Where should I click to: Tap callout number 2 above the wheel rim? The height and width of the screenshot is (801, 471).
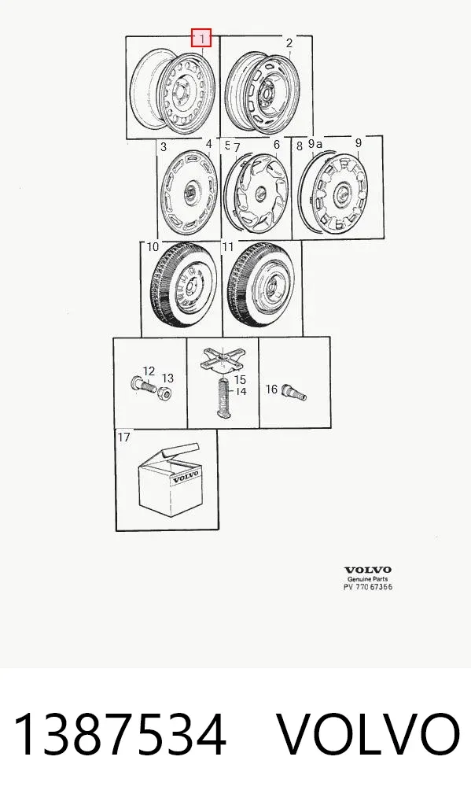point(289,43)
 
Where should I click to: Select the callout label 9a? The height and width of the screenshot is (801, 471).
point(315,144)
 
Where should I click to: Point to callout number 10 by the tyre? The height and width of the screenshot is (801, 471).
point(153,247)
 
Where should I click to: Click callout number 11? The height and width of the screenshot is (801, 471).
point(227,247)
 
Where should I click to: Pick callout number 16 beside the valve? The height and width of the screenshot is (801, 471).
point(271,389)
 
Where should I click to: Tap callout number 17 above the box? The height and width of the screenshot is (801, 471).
point(124,437)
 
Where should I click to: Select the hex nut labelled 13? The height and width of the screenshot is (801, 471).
point(164,394)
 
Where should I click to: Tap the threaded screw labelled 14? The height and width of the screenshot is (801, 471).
point(223,398)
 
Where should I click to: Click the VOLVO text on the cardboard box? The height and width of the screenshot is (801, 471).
point(186,478)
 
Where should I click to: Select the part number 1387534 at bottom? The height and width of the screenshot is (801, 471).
point(120,735)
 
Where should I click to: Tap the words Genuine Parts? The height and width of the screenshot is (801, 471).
point(368,579)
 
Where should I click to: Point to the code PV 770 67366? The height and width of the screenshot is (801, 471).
point(368,587)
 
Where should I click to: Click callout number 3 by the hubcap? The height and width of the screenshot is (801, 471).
point(164,147)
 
